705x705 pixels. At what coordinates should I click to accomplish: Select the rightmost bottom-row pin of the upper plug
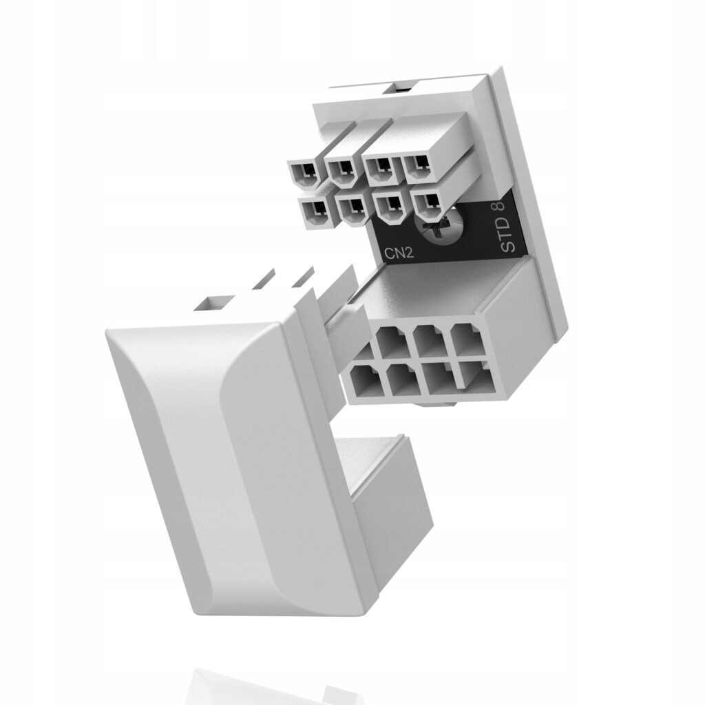click(427, 204)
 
